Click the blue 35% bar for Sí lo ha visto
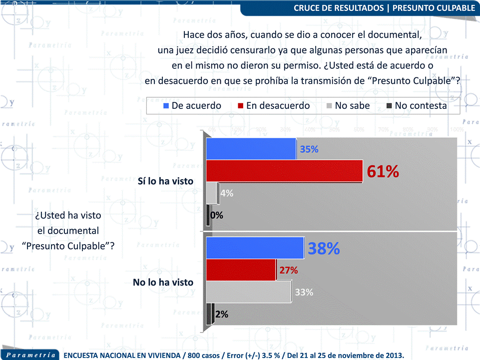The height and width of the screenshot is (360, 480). pyautogui.click(x=251, y=149)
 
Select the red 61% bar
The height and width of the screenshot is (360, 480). pyautogui.click(x=284, y=171)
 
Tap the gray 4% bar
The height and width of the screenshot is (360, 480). pyautogui.click(x=212, y=193)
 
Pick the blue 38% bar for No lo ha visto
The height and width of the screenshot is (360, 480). pyautogui.click(x=255, y=248)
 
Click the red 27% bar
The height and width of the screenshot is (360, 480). pyautogui.click(x=241, y=270)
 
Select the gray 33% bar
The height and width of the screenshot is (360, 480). pyautogui.click(x=248, y=292)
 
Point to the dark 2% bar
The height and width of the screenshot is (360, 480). pyautogui.click(x=210, y=314)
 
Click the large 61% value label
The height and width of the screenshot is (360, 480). pyautogui.click(x=383, y=171)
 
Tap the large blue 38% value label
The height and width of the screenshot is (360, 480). pyautogui.click(x=324, y=248)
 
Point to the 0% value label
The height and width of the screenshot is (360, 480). pyautogui.click(x=217, y=215)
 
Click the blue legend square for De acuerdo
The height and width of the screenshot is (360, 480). pyautogui.click(x=166, y=106)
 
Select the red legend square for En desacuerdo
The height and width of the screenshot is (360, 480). pyautogui.click(x=241, y=106)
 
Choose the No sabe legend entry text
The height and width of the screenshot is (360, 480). pyautogui.click(x=352, y=106)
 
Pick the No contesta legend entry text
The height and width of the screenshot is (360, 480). pyautogui.click(x=421, y=106)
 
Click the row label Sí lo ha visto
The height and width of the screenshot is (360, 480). pyautogui.click(x=165, y=182)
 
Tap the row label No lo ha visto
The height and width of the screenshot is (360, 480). pyautogui.click(x=163, y=282)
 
